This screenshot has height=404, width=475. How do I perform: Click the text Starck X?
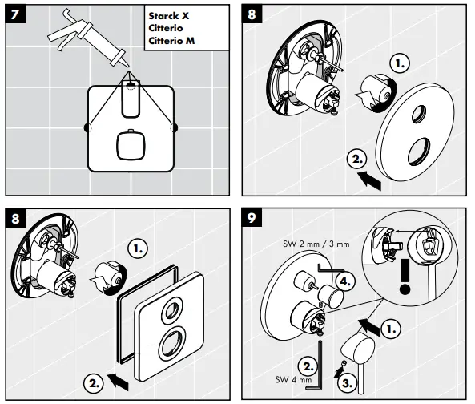click(x=171, y=14)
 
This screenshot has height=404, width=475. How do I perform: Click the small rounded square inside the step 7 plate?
click(x=128, y=144)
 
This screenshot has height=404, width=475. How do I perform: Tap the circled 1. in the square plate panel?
click(x=141, y=249)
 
